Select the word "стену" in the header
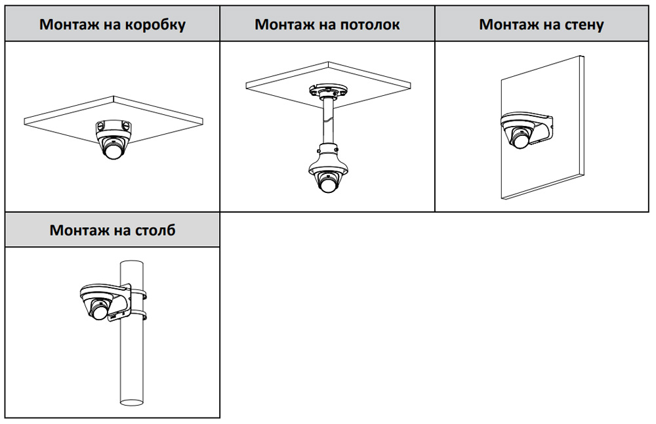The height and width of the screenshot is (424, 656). pos(582,25)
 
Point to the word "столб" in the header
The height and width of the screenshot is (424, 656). pos(155,230)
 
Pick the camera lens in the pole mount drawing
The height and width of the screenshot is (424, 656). pos(98,312)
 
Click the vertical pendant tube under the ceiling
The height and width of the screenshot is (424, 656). pos(327,122)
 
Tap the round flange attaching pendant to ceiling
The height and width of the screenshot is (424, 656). pos(327,91)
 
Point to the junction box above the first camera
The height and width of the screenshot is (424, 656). pos(112,126)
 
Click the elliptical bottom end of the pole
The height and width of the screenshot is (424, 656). pos(132,402)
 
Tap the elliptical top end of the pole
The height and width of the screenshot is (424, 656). pos(132,264)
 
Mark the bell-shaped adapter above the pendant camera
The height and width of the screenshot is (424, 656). pos(327,159)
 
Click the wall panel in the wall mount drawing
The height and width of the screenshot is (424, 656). pos(543,127)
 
